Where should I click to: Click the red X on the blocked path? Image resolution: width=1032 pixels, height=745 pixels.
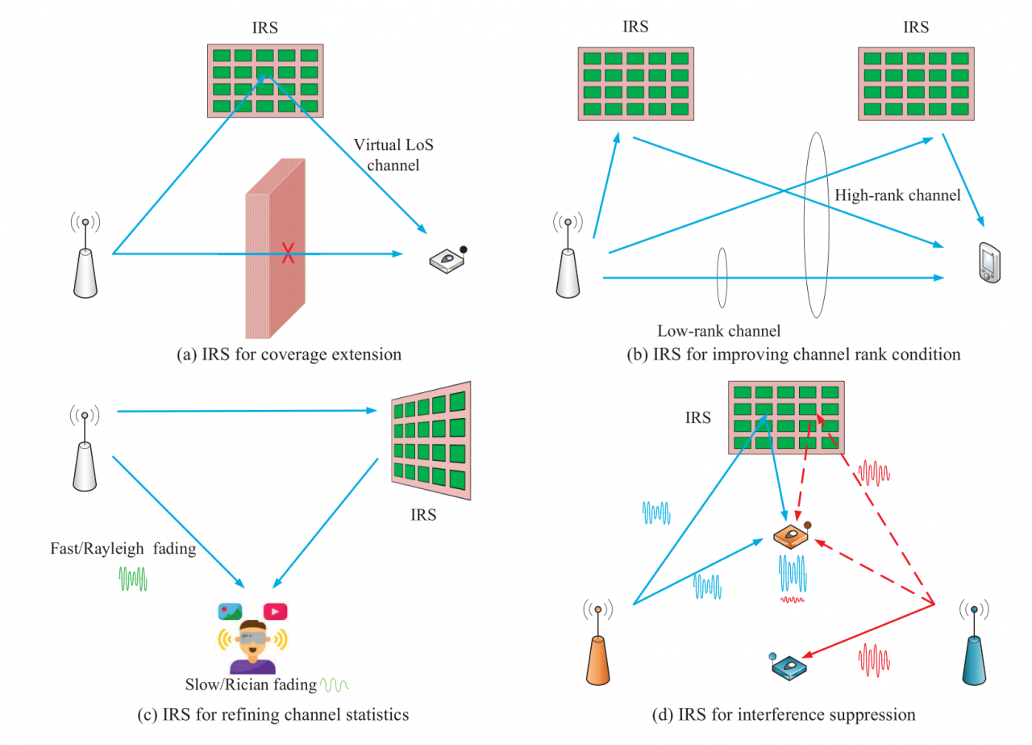pos(288,253)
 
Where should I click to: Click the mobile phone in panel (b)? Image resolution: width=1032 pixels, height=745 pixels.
pos(988,262)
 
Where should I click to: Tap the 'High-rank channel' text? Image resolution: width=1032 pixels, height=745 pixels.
pos(897,195)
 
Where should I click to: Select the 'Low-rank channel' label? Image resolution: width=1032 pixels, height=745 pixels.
pos(719,330)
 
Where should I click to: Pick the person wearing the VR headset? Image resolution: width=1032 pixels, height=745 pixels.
pos(252,647)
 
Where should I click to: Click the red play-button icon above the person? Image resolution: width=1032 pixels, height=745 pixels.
pos(275,612)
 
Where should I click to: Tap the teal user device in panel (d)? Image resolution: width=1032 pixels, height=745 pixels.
pos(789,666)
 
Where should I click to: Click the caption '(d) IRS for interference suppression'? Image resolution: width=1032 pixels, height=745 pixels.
pos(784,714)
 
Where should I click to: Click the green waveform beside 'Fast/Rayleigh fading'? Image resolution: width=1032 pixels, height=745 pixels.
pos(133,578)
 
